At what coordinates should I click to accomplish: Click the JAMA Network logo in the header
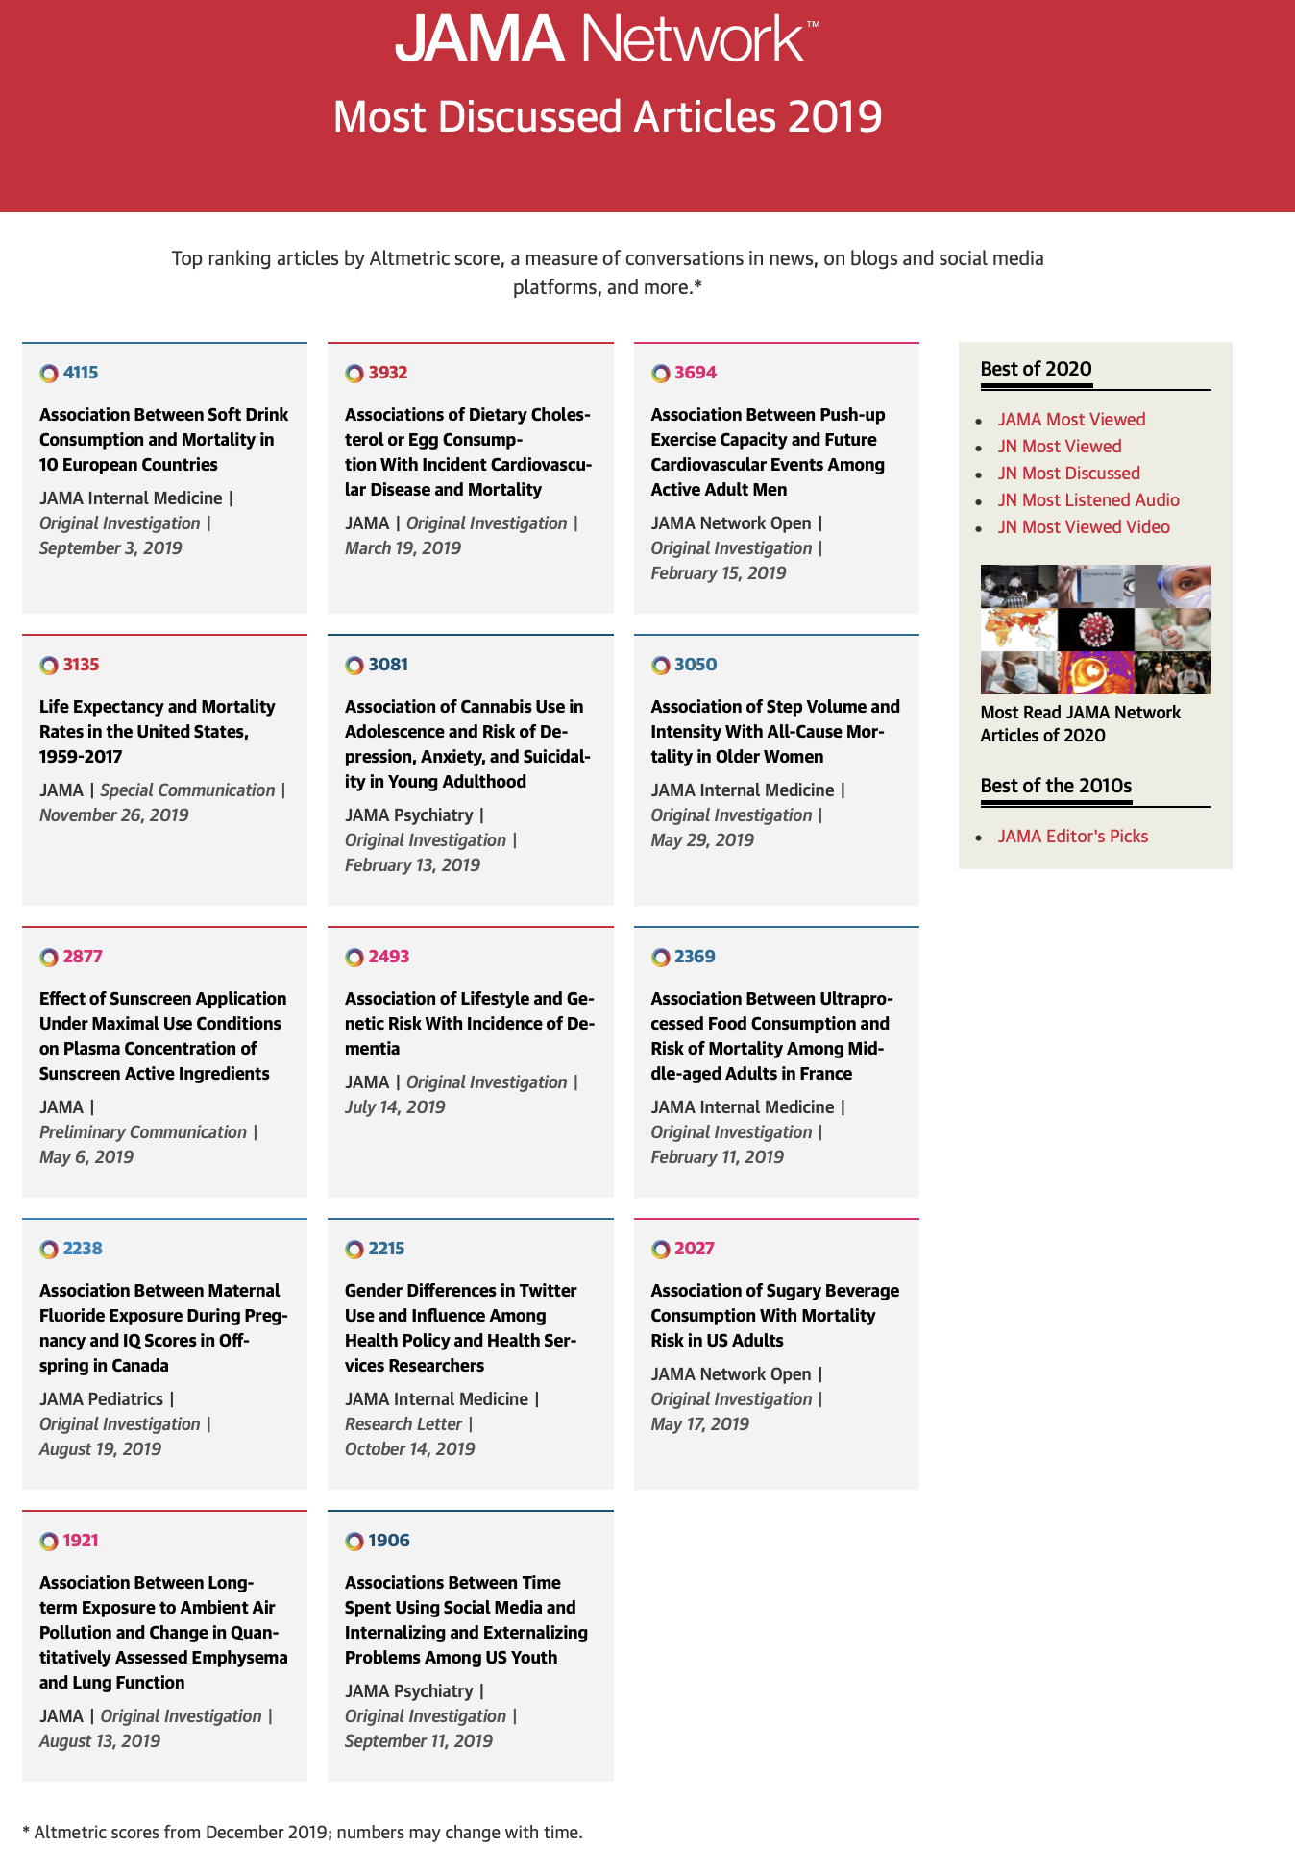607,38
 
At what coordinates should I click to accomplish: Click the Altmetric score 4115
81,373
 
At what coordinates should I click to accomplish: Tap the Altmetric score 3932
388,373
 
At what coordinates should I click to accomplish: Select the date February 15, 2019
718,573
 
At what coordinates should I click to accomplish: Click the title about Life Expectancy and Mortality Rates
157,731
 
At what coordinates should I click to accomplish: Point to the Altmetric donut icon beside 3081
354,666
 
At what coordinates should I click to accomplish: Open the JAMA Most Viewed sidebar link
1071,420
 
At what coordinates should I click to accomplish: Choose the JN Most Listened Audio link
1087,500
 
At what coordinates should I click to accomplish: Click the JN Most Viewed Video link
1083,527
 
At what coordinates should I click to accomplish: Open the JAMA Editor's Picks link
1072,837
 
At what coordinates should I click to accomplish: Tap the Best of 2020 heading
1036,369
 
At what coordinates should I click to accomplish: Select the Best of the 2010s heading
1056,786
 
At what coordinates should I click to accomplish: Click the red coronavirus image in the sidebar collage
1095,630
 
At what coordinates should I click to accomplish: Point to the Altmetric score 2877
83,957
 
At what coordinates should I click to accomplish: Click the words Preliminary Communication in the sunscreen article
143,1132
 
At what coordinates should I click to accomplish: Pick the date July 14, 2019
395,1107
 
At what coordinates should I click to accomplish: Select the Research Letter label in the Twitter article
403,1424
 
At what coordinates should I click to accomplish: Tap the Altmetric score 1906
389,1541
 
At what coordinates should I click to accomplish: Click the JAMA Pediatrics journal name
101,1399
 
